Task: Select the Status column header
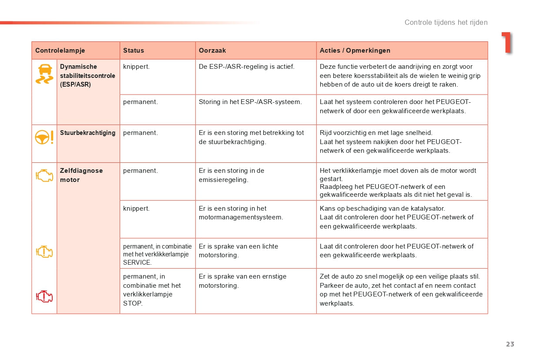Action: [x=134, y=50]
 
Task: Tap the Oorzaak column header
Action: [x=212, y=50]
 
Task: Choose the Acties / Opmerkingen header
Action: [x=355, y=50]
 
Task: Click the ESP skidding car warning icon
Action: [x=44, y=74]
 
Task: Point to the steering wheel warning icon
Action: [x=44, y=137]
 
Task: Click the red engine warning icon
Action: [x=44, y=296]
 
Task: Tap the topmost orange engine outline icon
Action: [x=44, y=175]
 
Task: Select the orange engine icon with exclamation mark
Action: [x=44, y=252]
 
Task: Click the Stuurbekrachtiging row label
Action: [x=88, y=133]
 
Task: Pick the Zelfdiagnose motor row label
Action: [x=81, y=175]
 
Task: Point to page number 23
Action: [x=510, y=344]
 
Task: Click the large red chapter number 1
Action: [x=506, y=43]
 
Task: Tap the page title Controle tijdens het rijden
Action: [x=446, y=22]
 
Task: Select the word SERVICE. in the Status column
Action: [x=138, y=262]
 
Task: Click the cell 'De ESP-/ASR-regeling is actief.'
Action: [x=247, y=67]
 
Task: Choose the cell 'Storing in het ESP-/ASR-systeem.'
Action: [x=250, y=102]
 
